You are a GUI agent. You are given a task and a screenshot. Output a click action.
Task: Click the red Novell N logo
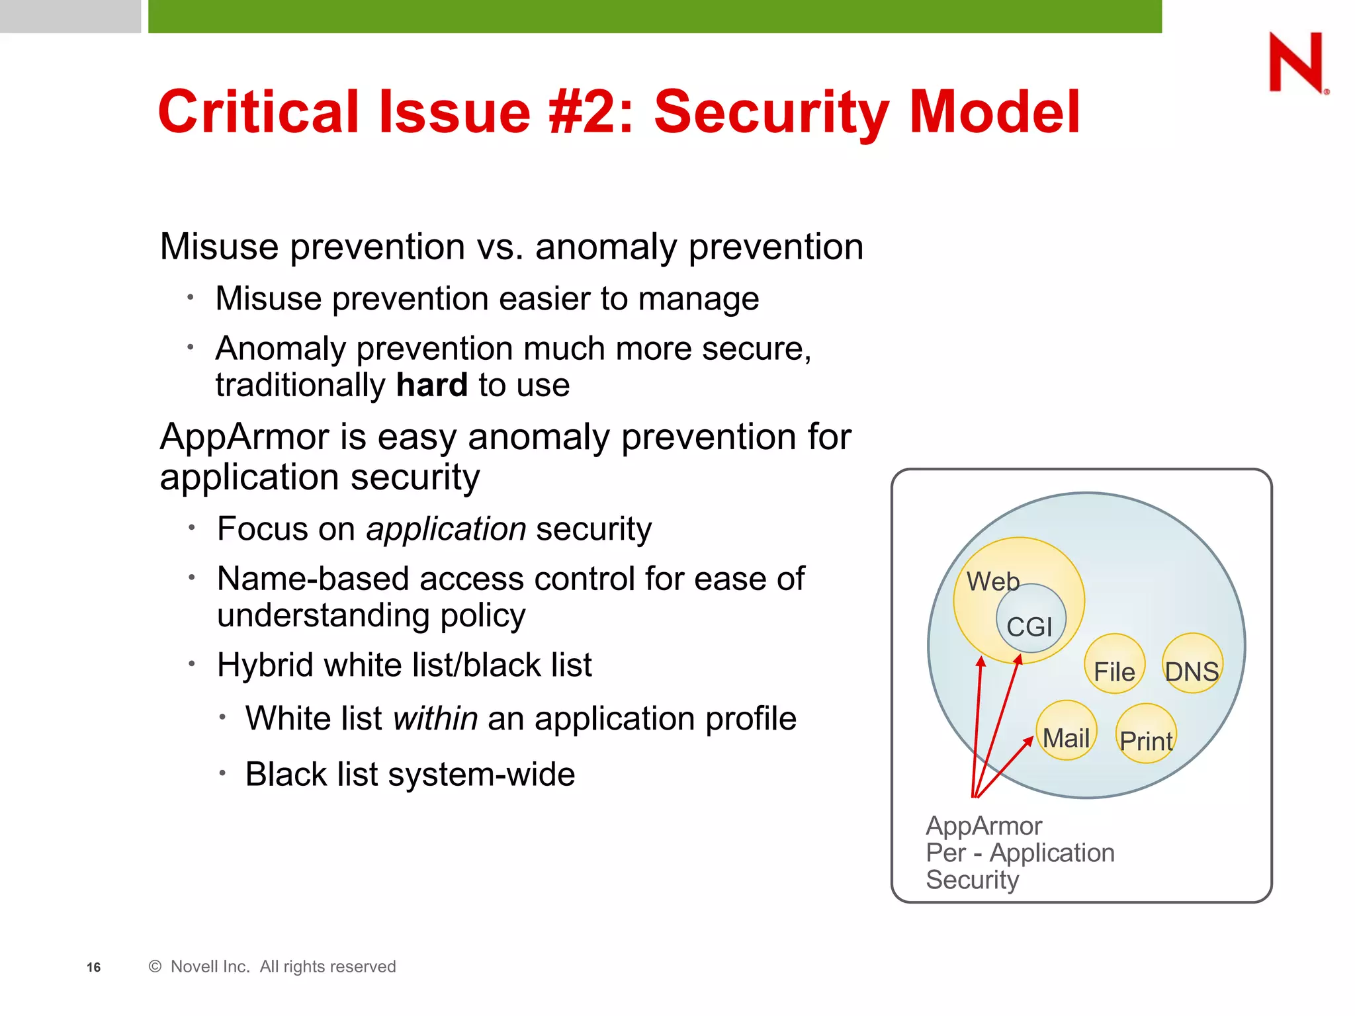pos(1296,62)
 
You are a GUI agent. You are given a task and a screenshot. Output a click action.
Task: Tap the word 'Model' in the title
pos(994,112)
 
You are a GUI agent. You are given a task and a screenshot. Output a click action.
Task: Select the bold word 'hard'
pos(431,385)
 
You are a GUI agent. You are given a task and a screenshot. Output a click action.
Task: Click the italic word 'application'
pos(446,529)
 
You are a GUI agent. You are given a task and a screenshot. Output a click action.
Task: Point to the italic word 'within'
pos(435,718)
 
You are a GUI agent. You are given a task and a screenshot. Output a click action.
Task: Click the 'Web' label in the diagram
pos(992,581)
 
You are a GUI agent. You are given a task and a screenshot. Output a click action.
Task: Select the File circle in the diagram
pos(1114,664)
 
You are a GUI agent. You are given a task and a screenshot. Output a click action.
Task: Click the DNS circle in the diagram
pos(1192,663)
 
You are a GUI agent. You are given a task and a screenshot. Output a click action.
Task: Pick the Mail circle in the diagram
pos(1066,730)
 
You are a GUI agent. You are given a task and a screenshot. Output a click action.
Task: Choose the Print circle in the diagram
pos(1146,734)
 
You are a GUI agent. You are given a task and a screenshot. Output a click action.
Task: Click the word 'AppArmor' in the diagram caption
pos(984,826)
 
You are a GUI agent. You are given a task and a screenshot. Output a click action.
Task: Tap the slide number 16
pos(93,968)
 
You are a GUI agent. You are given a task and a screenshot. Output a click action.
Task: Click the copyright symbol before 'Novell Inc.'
pos(155,967)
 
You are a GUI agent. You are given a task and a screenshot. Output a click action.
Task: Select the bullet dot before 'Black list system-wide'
pos(223,773)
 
